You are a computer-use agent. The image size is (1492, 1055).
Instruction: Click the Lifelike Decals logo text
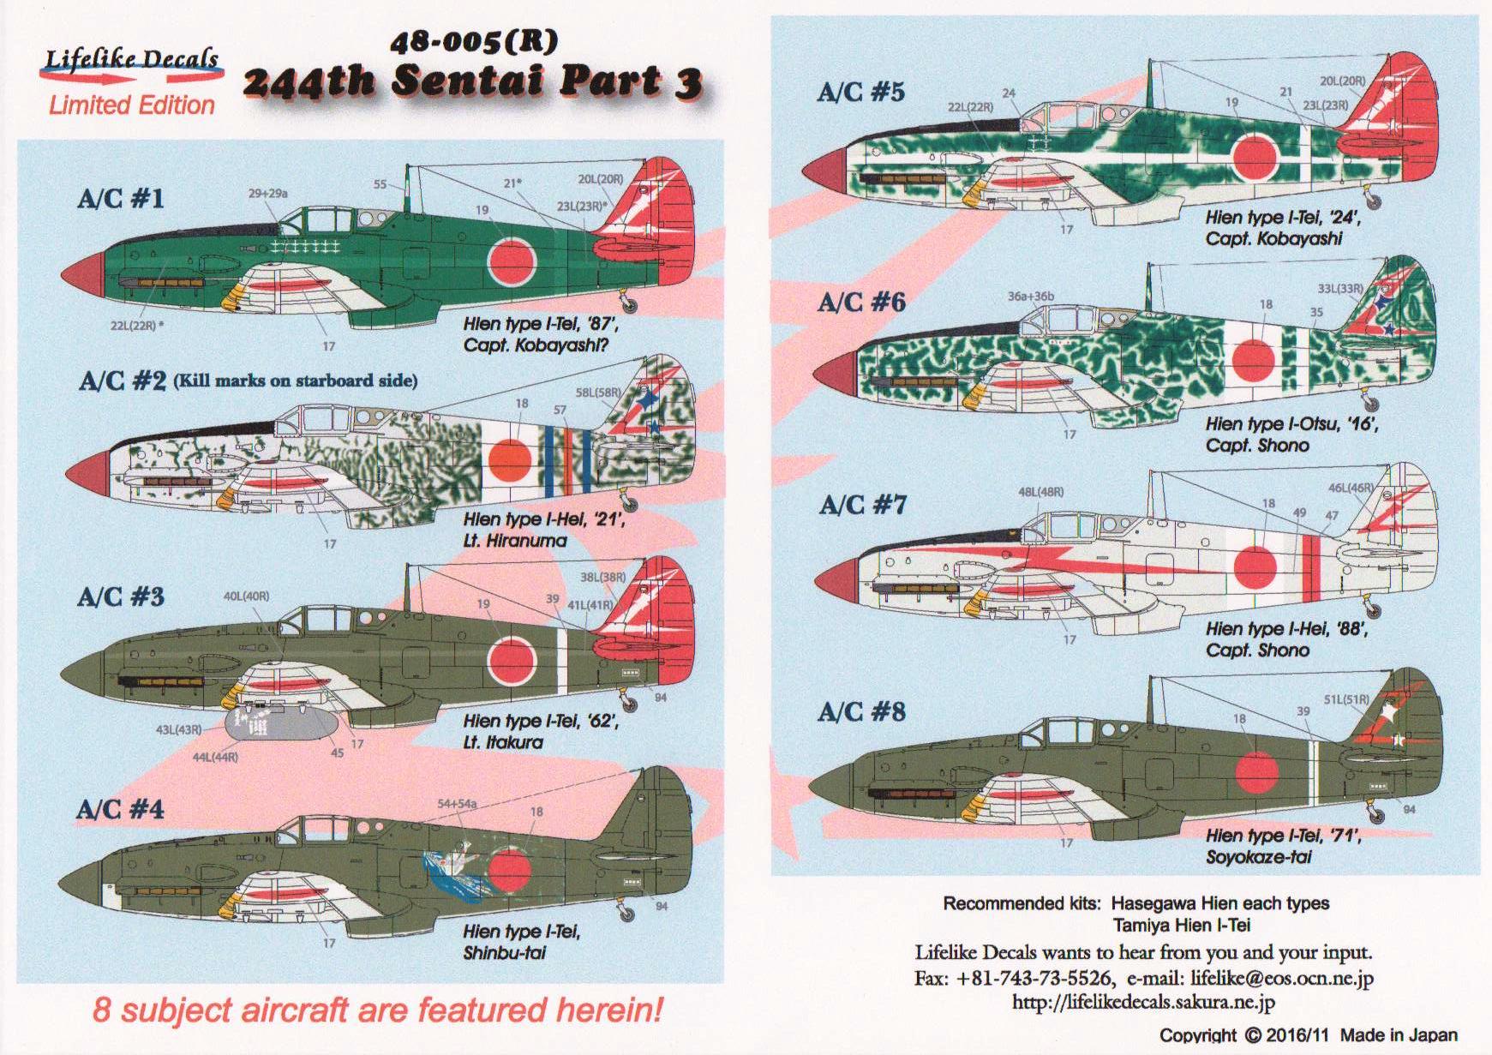(x=132, y=58)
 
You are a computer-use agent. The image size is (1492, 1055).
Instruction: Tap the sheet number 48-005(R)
(x=473, y=42)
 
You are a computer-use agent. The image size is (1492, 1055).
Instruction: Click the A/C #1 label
(x=120, y=200)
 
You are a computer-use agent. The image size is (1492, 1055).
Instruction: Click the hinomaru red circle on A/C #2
(x=511, y=459)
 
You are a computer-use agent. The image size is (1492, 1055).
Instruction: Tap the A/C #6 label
(x=861, y=303)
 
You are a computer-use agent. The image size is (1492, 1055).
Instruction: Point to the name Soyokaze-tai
(x=1259, y=857)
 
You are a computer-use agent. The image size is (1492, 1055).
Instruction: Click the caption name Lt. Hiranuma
(x=515, y=541)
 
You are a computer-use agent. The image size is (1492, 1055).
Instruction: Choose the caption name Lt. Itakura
(x=504, y=742)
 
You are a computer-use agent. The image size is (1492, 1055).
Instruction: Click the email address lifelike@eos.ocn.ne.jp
(x=1282, y=978)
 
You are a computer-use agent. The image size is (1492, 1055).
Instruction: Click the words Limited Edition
(x=132, y=105)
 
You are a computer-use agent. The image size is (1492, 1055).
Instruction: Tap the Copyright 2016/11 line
(x=1309, y=1035)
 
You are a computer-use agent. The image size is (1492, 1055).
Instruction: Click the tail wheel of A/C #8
(x=1376, y=812)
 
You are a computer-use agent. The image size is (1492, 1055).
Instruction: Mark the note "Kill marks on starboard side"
(x=296, y=381)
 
